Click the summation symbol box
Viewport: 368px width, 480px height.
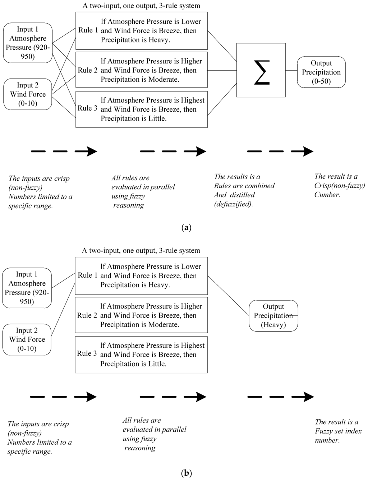coord(261,70)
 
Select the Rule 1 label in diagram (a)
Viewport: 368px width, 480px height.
coord(88,30)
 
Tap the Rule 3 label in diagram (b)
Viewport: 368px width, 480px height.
coord(87,354)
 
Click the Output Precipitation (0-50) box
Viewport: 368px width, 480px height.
coord(321,72)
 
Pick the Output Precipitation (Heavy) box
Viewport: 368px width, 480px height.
coord(273,316)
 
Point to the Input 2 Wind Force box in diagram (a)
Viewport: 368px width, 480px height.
coord(28,94)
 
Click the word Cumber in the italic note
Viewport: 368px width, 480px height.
coord(327,195)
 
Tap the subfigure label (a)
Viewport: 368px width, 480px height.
coord(187,228)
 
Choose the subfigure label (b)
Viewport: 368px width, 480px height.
coord(187,473)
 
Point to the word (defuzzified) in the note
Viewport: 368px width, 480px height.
coord(234,204)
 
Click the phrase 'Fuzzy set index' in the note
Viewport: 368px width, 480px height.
coord(338,431)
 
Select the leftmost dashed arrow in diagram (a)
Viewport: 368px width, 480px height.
coord(64,151)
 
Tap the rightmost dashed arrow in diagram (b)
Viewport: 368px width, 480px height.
coord(281,397)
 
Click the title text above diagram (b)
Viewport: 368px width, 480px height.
coord(141,251)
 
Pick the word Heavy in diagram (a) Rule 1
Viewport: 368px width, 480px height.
coord(158,40)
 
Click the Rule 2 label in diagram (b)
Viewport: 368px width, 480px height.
coord(87,315)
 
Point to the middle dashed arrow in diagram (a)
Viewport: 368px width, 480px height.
coord(173,151)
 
